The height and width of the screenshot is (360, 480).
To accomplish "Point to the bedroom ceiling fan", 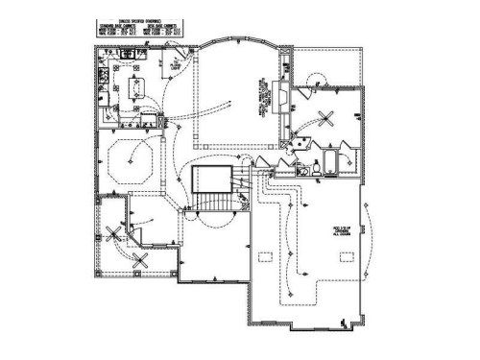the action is click(x=324, y=118).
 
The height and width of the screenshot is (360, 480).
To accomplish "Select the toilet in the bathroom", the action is click(x=314, y=169).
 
